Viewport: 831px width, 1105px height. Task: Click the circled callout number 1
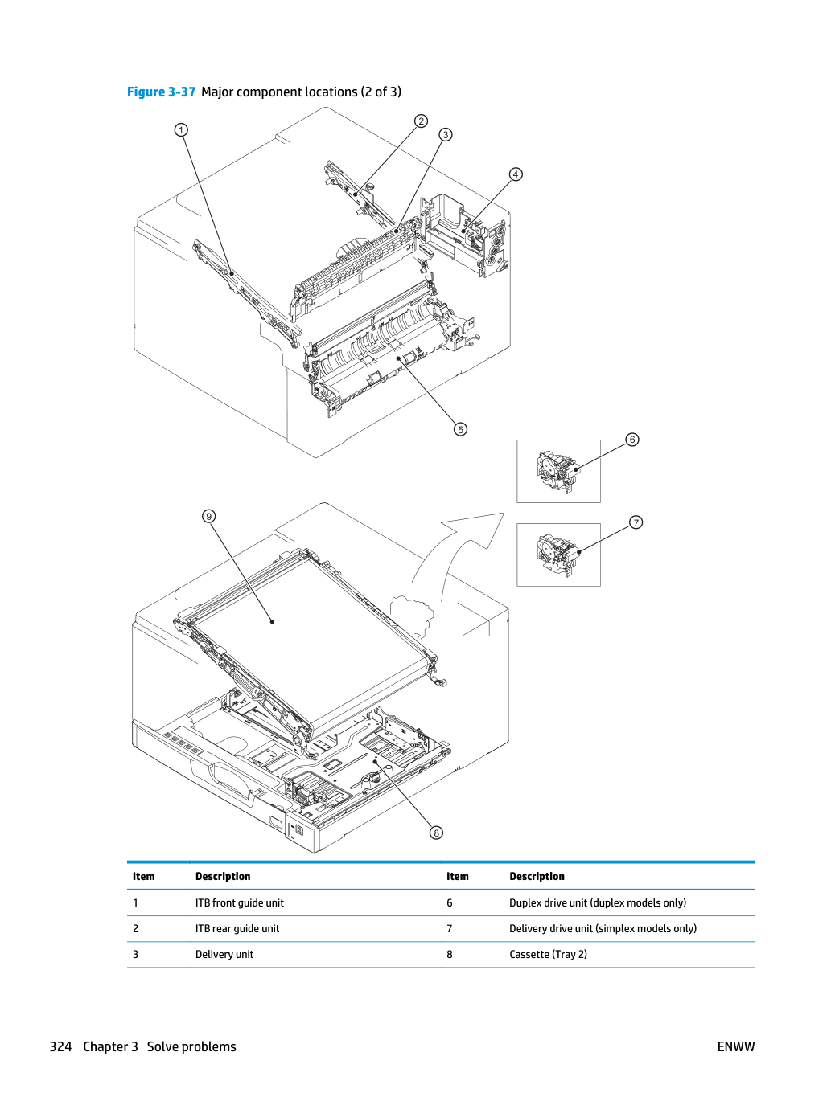[x=181, y=130]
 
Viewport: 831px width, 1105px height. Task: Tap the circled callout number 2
[x=421, y=121]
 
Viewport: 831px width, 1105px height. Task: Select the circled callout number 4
[x=515, y=174]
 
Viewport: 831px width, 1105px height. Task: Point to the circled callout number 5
[x=460, y=429]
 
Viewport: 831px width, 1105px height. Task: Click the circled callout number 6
[x=632, y=440]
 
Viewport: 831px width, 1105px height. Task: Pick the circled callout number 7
[x=636, y=522]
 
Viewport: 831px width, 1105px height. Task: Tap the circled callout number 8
[x=436, y=833]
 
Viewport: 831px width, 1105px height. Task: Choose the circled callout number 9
[x=208, y=516]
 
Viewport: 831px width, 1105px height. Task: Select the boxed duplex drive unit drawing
[x=558, y=471]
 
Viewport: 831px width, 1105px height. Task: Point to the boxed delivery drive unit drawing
[x=558, y=555]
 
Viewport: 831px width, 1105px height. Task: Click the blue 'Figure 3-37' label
[x=161, y=92]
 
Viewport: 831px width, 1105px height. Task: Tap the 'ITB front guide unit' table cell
[x=240, y=902]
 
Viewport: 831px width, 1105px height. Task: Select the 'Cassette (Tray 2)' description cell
[x=549, y=954]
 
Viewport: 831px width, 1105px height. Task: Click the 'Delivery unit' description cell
[x=224, y=954]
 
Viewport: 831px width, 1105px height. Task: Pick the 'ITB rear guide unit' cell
[x=237, y=928]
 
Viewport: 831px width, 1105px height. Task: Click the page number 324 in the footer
[x=60, y=1046]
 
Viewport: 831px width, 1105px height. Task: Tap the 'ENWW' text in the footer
[x=736, y=1046]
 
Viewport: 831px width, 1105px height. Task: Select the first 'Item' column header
[x=144, y=876]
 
